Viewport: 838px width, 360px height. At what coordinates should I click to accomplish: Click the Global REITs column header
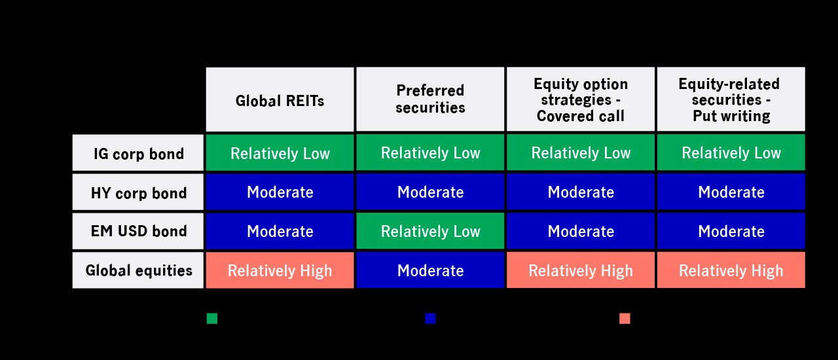click(280, 99)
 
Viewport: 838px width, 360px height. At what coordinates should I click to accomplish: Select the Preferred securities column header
click(430, 99)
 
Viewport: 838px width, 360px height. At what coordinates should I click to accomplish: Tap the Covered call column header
click(581, 99)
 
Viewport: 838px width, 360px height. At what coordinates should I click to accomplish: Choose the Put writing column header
click(731, 99)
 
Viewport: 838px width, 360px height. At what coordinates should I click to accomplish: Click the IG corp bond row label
click(138, 153)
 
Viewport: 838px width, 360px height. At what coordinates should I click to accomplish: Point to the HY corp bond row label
click(138, 192)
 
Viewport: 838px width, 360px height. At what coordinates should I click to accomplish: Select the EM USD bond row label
click(138, 231)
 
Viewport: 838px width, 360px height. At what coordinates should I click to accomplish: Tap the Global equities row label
click(138, 270)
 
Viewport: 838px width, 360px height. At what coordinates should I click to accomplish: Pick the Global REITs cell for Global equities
click(280, 270)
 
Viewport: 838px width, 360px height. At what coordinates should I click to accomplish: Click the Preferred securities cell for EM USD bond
click(430, 231)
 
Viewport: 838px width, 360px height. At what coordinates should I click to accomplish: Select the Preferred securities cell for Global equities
click(430, 270)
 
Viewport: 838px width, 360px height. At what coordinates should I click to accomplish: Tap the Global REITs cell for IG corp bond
click(280, 153)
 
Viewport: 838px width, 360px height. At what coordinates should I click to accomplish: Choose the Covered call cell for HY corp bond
click(581, 192)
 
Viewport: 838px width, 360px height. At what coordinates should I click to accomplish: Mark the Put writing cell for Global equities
click(731, 270)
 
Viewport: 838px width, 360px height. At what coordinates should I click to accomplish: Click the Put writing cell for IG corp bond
click(731, 153)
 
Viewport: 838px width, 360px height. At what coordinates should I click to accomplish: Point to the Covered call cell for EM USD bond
click(581, 231)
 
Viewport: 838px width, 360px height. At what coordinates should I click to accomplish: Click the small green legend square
click(212, 319)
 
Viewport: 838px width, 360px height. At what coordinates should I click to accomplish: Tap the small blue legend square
click(430, 319)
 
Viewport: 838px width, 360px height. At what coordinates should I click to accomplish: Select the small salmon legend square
click(625, 319)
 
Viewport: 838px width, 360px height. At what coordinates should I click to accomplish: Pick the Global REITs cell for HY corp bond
click(280, 192)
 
